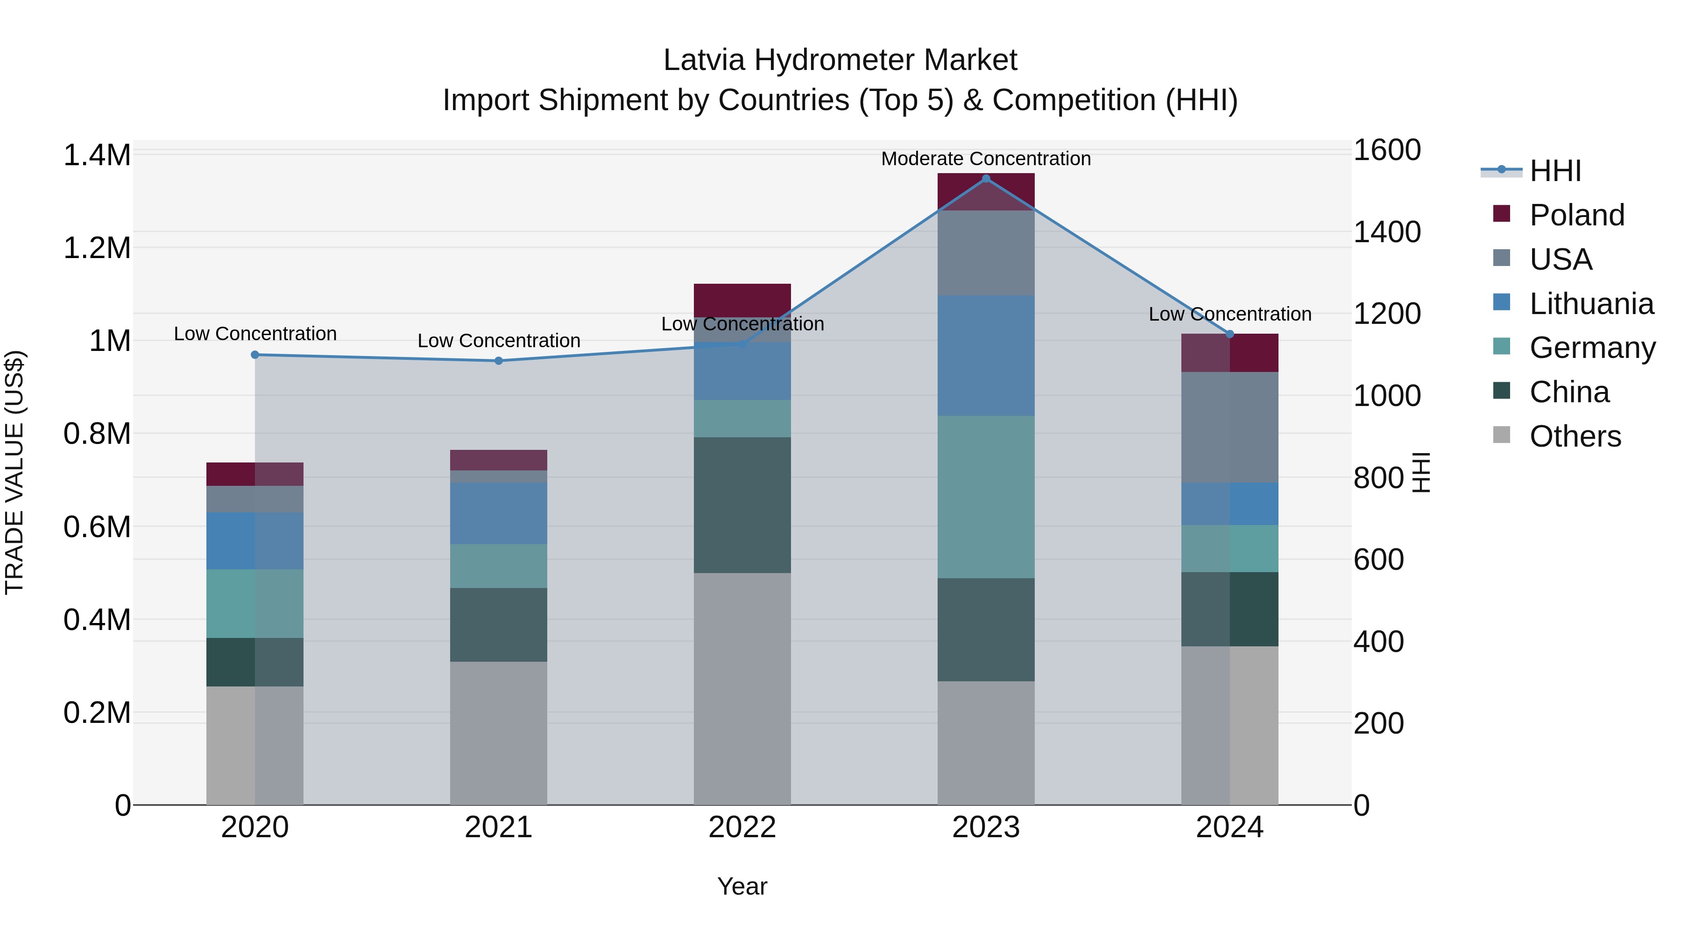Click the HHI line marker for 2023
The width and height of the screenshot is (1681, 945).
(986, 179)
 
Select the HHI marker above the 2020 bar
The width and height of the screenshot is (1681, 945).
(255, 355)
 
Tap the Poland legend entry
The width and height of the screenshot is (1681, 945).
(1576, 215)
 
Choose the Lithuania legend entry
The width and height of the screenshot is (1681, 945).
(1591, 304)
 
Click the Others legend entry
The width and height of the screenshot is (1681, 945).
(1575, 436)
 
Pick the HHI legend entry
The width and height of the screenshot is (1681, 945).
(1555, 171)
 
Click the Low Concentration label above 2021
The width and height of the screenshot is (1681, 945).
(499, 341)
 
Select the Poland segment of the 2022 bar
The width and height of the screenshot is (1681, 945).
(742, 301)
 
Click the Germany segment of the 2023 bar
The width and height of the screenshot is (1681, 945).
(986, 497)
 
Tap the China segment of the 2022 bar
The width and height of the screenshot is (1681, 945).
(742, 505)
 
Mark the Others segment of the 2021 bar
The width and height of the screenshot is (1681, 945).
(499, 733)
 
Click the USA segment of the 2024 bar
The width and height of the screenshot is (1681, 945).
(1229, 427)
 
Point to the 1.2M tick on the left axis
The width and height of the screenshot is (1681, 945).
(97, 248)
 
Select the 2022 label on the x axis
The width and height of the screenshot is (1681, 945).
(742, 827)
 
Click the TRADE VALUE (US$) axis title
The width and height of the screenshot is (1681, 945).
(14, 472)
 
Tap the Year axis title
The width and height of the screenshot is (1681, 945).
(742, 886)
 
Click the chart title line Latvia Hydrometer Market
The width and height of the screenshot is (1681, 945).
(840, 60)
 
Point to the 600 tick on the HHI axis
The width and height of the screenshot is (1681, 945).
(1378, 560)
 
